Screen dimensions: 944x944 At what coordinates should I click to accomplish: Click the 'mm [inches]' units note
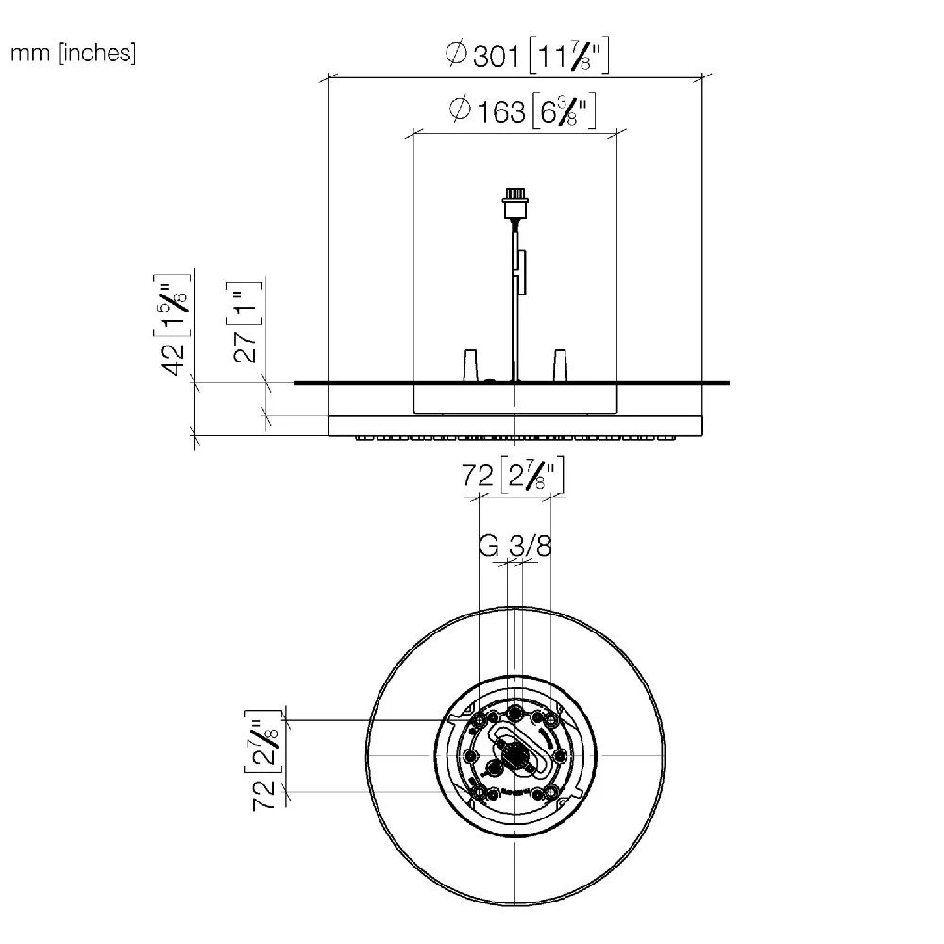tap(74, 54)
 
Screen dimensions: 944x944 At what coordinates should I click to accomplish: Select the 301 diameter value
tap(497, 57)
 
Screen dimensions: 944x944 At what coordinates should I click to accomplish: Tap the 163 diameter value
tap(501, 112)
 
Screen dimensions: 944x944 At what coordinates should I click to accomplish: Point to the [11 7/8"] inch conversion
tap(569, 56)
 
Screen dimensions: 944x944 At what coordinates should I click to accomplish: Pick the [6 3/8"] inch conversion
tap(565, 110)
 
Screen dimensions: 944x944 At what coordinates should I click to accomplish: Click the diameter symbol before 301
tap(456, 53)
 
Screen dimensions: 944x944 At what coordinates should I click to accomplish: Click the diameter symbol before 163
tap(460, 109)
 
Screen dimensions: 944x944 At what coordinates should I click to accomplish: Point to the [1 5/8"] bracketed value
tap(172, 305)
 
